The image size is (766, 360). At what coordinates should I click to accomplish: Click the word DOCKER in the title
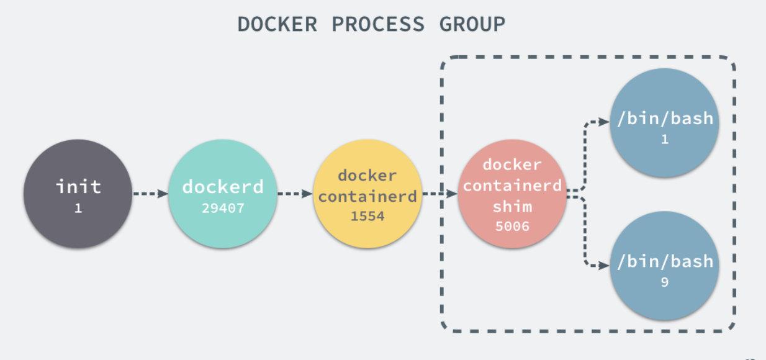coord(277,24)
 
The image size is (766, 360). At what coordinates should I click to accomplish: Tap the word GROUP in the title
coord(472,24)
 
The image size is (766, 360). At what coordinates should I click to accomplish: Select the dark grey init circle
coord(78,194)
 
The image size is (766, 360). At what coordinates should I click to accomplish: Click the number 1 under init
coord(78,209)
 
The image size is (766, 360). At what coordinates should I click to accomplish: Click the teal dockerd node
coord(222,194)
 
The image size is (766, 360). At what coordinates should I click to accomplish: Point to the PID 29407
coord(223,209)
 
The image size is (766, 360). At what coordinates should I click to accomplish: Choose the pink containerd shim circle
coord(512,194)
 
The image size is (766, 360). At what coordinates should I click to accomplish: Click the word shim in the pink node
coord(512,206)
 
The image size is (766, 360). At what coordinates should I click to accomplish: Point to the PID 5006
coord(512,226)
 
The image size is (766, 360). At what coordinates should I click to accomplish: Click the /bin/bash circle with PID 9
coord(665,266)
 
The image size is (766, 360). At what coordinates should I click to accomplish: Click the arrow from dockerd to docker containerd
coord(294,194)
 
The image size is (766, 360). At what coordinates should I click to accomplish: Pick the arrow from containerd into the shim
coord(439,194)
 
